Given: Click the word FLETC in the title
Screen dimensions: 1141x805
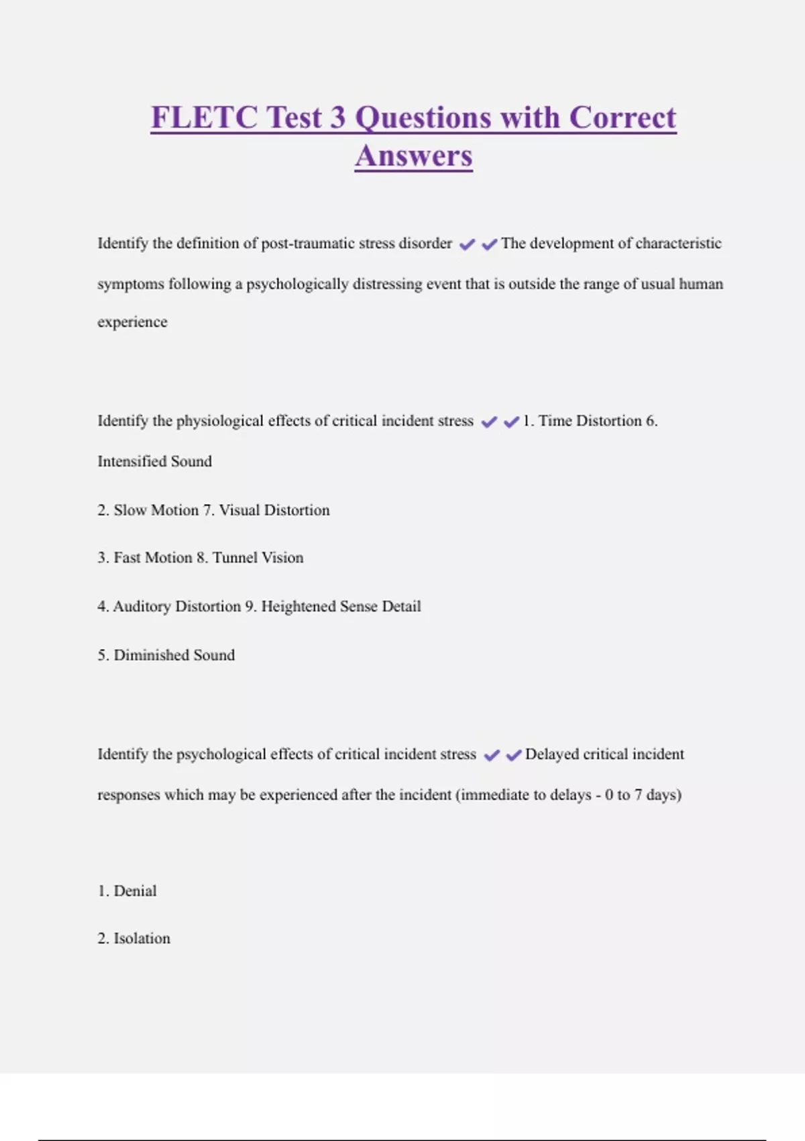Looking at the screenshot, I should pos(204,117).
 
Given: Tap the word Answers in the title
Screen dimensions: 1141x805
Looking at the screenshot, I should pos(413,156).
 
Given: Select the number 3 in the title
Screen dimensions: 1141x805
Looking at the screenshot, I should pos(337,117).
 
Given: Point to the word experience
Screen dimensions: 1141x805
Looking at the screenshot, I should pos(132,322).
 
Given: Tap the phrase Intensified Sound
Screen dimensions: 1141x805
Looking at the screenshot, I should pos(154,461).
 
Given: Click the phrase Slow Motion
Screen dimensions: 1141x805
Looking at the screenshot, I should pos(156,510).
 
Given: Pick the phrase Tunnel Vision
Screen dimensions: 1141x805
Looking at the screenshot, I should pos(258,558).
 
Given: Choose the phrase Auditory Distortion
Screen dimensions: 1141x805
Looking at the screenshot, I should pos(176,606).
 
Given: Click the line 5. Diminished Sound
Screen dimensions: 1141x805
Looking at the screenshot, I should pos(166,655).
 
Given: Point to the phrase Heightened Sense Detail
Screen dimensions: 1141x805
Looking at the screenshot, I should pos(341,606).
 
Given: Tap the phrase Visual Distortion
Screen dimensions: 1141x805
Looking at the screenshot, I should pos(274,510).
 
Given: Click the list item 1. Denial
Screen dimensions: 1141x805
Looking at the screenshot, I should pos(127,891).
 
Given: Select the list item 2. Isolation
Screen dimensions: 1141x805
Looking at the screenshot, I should pos(133,938).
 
